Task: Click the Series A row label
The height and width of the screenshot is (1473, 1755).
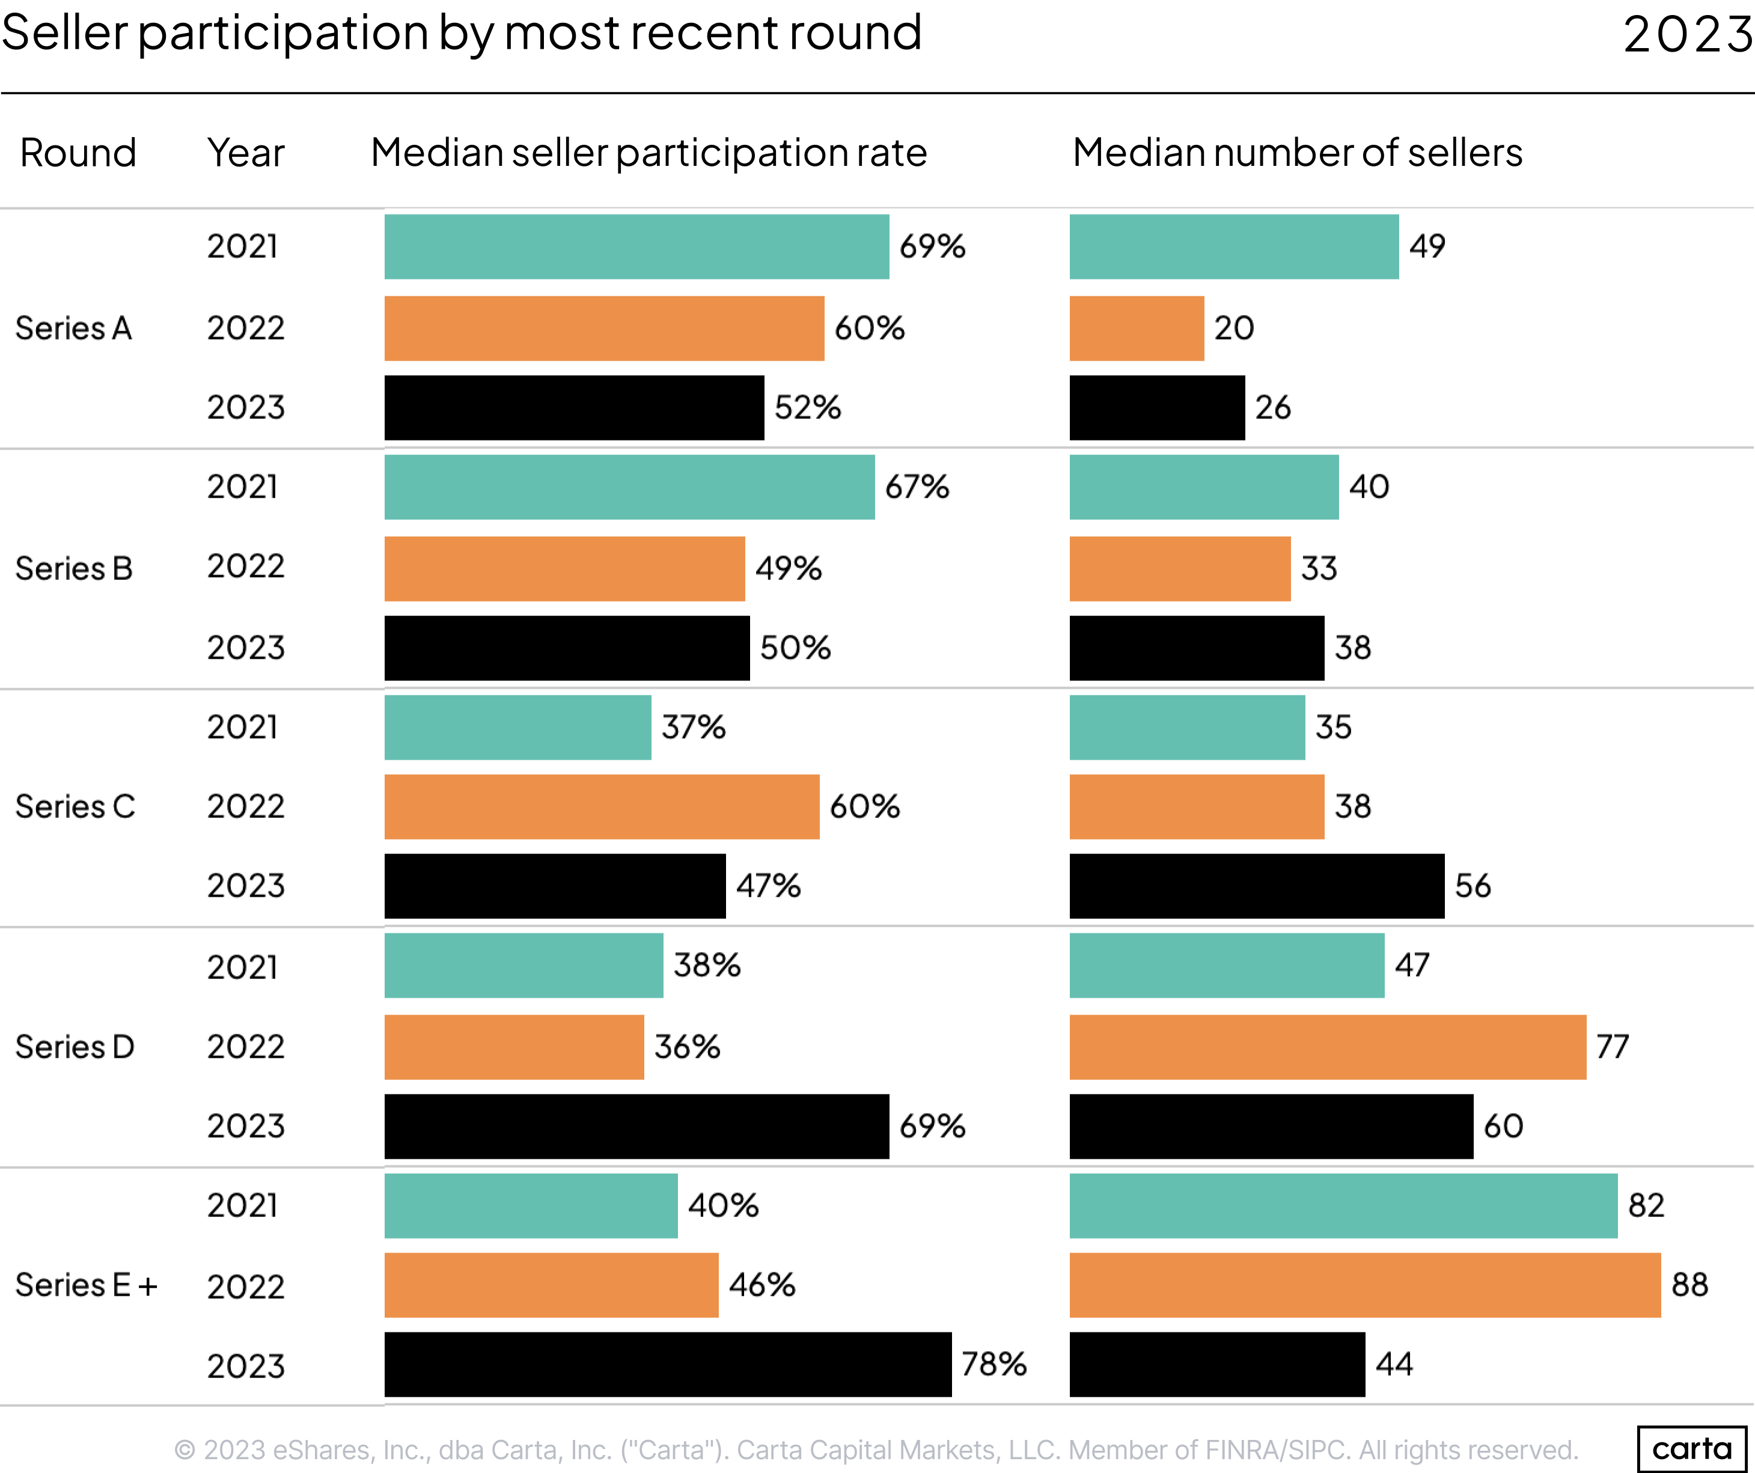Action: point(73,328)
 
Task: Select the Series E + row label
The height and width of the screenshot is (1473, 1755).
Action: point(86,1285)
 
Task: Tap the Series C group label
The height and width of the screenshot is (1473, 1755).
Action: point(75,807)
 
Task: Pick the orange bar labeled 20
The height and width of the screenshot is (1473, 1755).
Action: point(1137,328)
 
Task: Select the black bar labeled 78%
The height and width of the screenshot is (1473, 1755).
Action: point(667,1364)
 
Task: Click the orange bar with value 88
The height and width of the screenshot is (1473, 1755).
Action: point(1365,1285)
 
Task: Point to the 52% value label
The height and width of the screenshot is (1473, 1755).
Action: point(807,407)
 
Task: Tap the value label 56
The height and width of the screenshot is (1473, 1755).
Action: point(1473,886)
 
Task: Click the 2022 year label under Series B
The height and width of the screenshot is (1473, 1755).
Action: point(246,567)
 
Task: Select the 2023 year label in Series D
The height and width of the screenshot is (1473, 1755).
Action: point(246,1126)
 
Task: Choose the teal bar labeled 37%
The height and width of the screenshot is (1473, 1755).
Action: point(517,728)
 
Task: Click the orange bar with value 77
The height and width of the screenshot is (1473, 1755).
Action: point(1327,1047)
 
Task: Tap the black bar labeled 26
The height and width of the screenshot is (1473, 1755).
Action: point(1156,407)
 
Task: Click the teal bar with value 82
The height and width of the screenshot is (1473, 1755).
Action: point(1343,1206)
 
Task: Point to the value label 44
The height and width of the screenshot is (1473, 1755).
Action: point(1394,1364)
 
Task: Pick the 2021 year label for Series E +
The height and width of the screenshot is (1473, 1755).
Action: point(242,1206)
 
